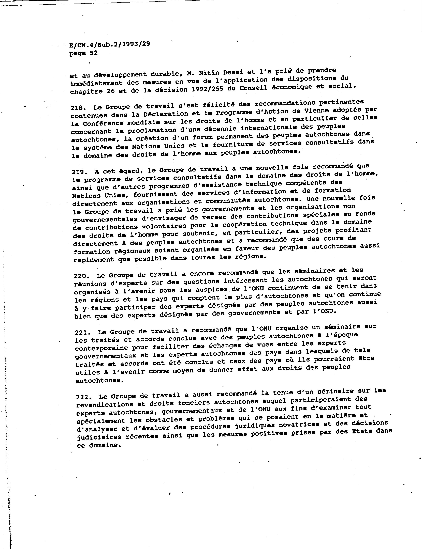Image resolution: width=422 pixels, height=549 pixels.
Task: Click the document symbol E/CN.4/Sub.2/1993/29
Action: (x=110, y=45)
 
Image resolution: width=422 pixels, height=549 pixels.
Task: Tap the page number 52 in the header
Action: (x=93, y=53)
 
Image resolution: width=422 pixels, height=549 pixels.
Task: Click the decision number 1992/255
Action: (x=207, y=89)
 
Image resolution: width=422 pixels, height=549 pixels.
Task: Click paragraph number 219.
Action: (x=79, y=172)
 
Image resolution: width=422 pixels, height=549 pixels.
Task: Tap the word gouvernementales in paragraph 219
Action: (x=104, y=219)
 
